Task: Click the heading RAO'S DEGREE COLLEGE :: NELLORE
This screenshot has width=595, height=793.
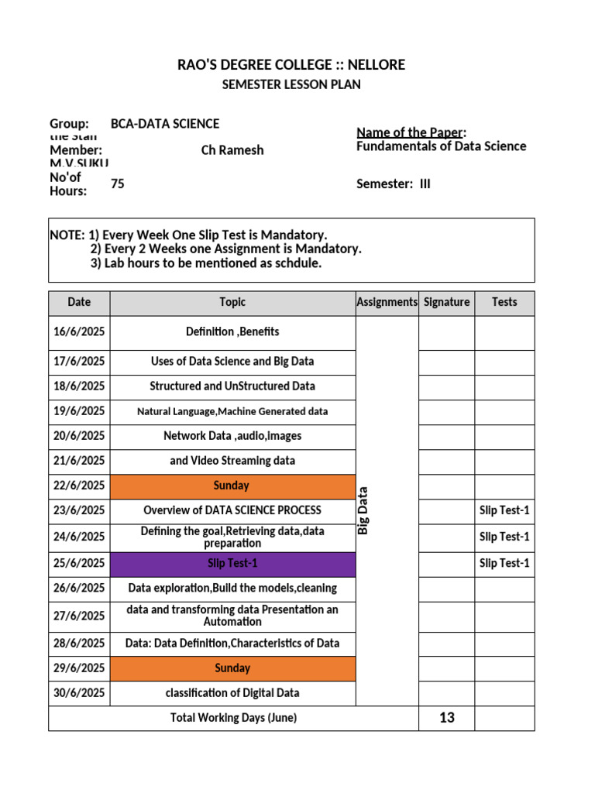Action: click(x=291, y=64)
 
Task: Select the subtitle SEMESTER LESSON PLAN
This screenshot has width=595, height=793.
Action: click(x=291, y=84)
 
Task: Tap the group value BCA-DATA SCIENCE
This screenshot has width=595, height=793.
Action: click(x=165, y=124)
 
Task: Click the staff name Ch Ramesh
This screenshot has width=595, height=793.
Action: click(x=232, y=150)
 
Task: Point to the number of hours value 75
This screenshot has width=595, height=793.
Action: click(x=118, y=184)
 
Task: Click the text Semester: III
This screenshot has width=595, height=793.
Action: click(x=393, y=184)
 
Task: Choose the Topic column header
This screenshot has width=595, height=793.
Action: click(x=232, y=303)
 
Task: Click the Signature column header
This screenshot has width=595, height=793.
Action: click(x=446, y=303)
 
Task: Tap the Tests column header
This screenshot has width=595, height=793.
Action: click(x=504, y=303)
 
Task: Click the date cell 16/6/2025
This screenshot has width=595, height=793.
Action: click(x=79, y=332)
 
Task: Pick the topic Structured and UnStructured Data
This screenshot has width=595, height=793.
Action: click(x=232, y=386)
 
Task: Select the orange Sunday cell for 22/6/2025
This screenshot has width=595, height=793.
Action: click(x=232, y=486)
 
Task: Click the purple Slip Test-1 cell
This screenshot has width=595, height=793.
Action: click(x=232, y=564)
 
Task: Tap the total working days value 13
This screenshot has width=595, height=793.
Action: click(x=446, y=718)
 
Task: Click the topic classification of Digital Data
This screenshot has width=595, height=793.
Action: click(x=232, y=693)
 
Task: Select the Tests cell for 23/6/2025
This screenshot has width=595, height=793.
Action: click(x=504, y=511)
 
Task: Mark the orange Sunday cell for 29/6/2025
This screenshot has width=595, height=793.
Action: click(x=232, y=668)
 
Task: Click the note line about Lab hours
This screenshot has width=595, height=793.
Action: click(x=205, y=263)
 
